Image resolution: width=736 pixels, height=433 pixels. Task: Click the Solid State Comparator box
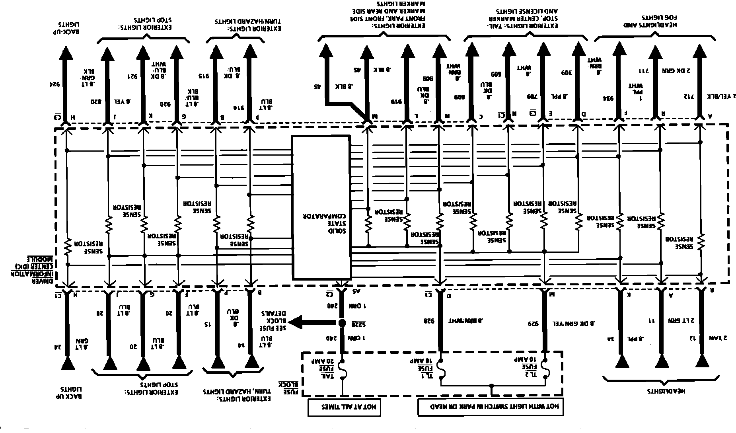click(x=321, y=207)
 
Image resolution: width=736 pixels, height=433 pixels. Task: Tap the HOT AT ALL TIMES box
click(x=344, y=407)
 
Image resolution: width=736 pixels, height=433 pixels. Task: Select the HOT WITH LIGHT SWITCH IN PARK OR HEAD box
click(x=491, y=407)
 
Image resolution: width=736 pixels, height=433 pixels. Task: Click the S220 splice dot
click(x=342, y=323)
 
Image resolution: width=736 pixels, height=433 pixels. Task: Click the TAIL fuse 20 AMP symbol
click(x=341, y=370)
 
